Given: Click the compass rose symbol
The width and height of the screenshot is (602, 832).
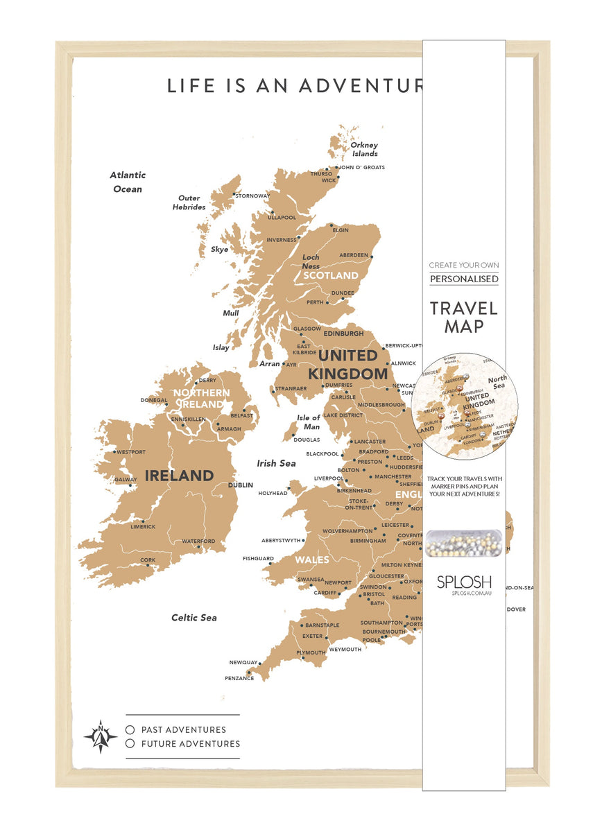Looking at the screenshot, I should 101,736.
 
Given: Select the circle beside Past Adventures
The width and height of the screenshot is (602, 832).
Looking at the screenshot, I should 130,729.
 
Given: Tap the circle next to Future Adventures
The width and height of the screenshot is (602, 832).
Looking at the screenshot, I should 130,744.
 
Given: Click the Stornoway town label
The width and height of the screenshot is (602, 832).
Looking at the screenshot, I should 252,196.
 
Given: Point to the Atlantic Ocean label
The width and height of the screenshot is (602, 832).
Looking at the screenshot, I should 128,182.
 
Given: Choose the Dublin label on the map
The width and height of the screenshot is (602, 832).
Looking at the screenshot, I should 241,485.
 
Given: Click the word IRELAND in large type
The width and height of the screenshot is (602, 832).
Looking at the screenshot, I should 179,476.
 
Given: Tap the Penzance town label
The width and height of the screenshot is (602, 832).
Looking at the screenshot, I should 239,678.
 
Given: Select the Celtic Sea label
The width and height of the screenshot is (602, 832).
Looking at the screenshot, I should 194,618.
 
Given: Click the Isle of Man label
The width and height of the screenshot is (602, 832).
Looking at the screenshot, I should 309,422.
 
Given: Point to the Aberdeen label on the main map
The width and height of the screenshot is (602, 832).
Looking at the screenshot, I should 354,255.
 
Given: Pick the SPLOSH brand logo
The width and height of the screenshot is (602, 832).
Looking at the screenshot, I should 464,581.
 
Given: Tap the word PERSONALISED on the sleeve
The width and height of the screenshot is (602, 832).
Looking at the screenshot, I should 463,279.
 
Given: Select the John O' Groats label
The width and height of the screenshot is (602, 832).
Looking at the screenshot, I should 361,167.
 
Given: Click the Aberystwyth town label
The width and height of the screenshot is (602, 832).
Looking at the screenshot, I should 282,540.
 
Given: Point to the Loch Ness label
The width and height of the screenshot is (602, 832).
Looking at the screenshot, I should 311,261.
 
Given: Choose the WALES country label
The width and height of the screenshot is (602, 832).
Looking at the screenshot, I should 312,560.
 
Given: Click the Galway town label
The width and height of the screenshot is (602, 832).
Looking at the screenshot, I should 126,479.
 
